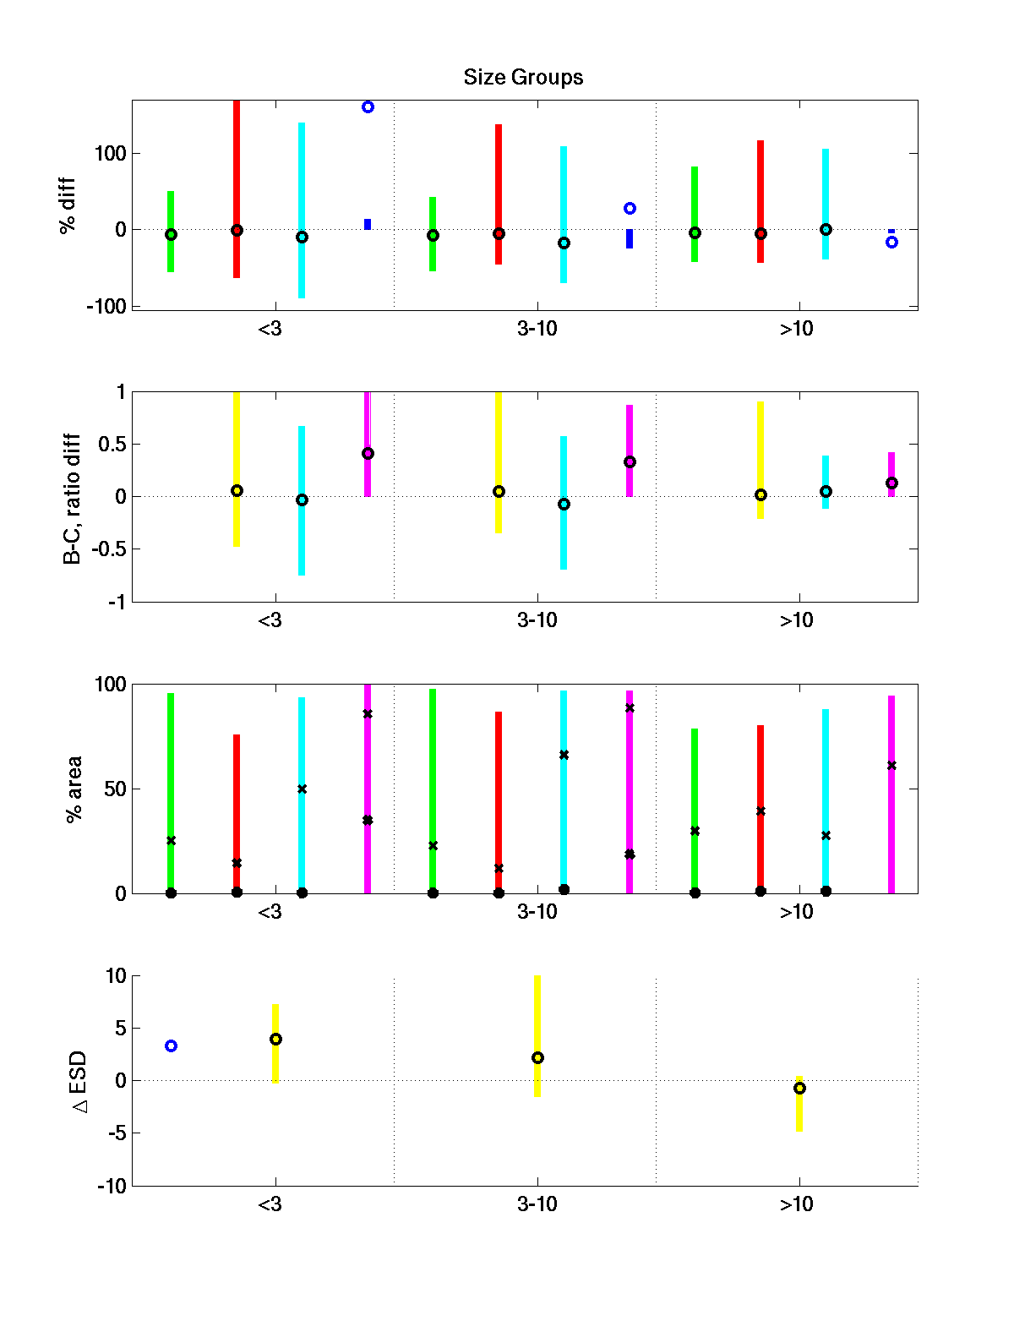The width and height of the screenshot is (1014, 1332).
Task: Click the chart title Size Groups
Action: [x=523, y=78]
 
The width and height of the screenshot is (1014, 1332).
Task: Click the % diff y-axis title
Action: [x=68, y=205]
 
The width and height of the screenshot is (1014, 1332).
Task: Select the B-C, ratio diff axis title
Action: [x=73, y=499]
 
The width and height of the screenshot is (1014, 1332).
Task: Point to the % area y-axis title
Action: [x=74, y=789]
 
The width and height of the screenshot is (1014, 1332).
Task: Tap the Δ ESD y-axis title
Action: [x=79, y=1082]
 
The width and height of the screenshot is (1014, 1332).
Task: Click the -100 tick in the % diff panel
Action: [x=106, y=307]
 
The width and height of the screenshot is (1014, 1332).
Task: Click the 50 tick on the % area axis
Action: [x=115, y=789]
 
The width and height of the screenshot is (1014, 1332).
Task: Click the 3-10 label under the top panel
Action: [x=537, y=329]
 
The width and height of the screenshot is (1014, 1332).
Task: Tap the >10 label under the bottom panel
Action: [x=796, y=1204]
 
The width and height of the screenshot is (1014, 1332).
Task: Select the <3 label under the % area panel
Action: [x=270, y=913]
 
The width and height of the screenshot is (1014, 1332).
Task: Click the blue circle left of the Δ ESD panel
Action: [x=171, y=1046]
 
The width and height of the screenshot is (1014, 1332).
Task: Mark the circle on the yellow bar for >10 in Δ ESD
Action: [x=799, y=1089]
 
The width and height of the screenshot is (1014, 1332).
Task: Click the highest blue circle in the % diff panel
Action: [x=368, y=107]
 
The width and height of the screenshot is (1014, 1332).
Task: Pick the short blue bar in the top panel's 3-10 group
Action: [x=630, y=239]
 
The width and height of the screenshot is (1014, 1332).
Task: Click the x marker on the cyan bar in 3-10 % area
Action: [x=564, y=755]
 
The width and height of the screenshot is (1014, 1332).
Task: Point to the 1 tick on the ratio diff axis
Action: [x=121, y=392]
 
